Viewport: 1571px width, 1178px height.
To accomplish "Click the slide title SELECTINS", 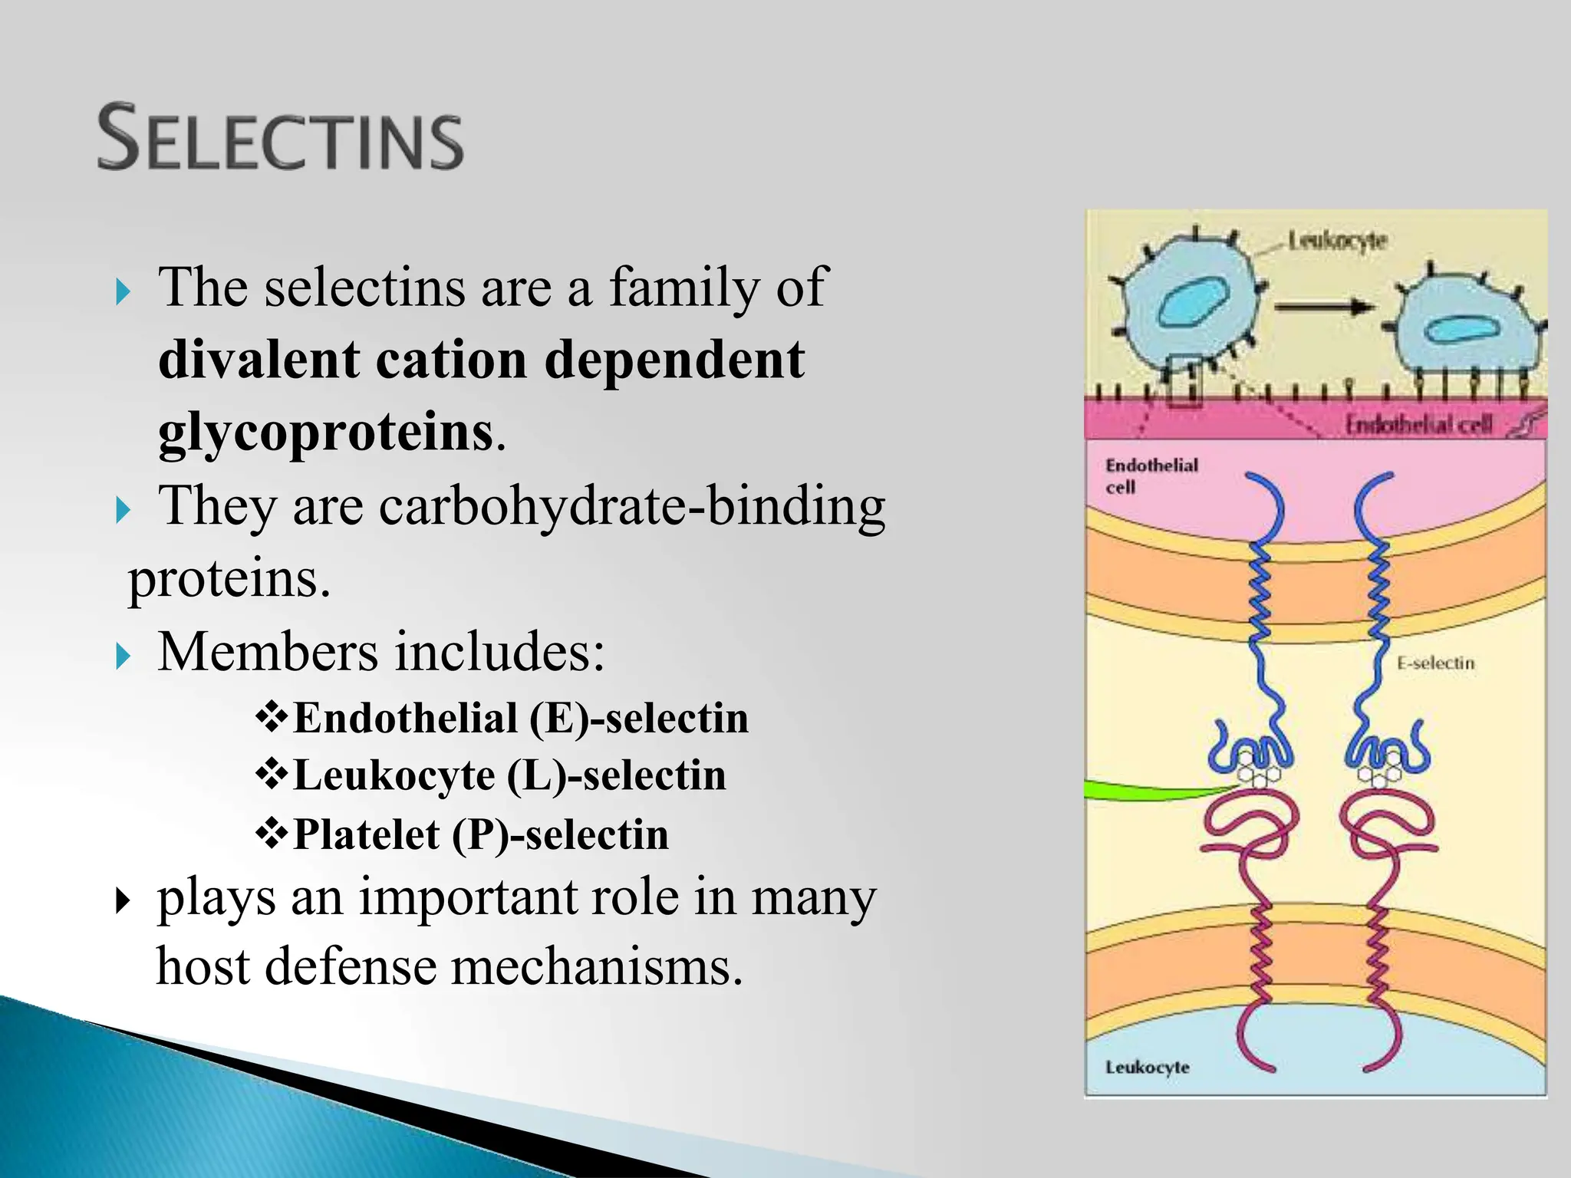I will pyautogui.click(x=281, y=138).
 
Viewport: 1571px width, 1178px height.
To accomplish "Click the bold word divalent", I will pyautogui.click(x=259, y=359).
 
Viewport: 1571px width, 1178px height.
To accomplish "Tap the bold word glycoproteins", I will pyautogui.click(x=325, y=433).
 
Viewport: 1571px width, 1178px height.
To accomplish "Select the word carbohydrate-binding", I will pyautogui.click(x=631, y=506).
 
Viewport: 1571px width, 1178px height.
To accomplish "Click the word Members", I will pyautogui.click(x=268, y=652).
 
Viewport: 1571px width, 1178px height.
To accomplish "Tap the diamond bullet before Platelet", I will pyautogui.click(x=271, y=834).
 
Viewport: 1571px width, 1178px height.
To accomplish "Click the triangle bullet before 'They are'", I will pyautogui.click(x=124, y=510).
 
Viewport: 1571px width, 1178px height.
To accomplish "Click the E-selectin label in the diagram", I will pyautogui.click(x=1435, y=663).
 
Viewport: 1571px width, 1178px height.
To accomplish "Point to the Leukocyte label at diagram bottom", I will pyautogui.click(x=1147, y=1067).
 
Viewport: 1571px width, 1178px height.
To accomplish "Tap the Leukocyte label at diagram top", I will pyautogui.click(x=1337, y=241).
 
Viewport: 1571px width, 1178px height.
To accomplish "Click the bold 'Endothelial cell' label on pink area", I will pyautogui.click(x=1151, y=475).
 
